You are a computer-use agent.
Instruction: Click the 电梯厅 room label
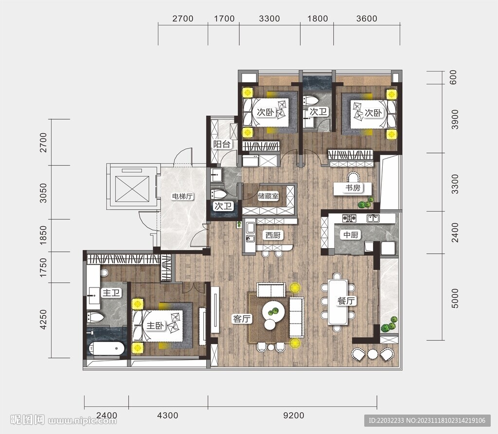(182, 197)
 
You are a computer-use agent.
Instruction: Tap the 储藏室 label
(268, 196)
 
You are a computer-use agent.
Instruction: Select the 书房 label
(353, 188)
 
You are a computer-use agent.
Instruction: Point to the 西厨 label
(273, 235)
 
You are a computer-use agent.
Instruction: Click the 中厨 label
(351, 235)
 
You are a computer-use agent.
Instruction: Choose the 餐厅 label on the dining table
(346, 301)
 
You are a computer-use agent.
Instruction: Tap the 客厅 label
(242, 319)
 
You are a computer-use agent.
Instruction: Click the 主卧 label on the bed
(155, 325)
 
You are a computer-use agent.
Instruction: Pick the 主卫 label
(111, 292)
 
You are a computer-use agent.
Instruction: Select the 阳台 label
(222, 144)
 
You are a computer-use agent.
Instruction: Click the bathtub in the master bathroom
(106, 348)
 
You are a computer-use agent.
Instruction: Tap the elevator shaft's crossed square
(132, 189)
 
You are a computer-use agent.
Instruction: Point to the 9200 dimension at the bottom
(293, 415)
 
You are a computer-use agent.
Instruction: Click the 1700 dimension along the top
(224, 18)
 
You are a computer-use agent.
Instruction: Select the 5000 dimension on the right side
(455, 298)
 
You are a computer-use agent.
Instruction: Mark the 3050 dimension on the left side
(43, 193)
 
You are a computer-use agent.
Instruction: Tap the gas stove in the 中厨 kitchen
(349, 218)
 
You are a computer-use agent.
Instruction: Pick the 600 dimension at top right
(453, 77)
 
